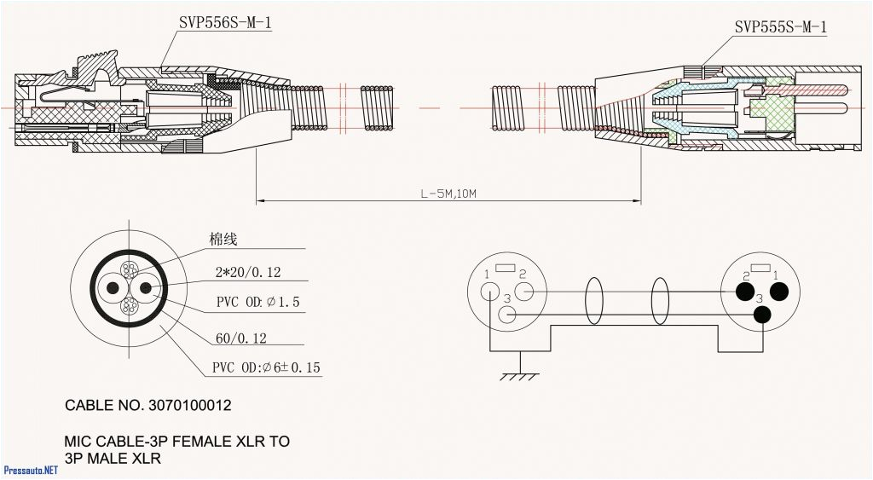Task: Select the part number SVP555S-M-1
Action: point(780,27)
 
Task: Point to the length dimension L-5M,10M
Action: point(448,194)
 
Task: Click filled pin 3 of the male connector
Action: point(761,315)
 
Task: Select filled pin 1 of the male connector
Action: point(778,292)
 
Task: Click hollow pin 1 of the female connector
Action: point(489,290)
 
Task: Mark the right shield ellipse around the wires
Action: point(660,302)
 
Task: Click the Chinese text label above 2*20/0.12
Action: point(223,240)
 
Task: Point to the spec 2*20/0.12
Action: point(248,273)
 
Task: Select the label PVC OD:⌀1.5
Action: point(257,303)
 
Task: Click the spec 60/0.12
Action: point(240,338)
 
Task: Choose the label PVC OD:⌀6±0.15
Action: point(266,368)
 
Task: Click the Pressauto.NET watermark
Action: point(31,470)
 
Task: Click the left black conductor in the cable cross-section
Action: point(111,289)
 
